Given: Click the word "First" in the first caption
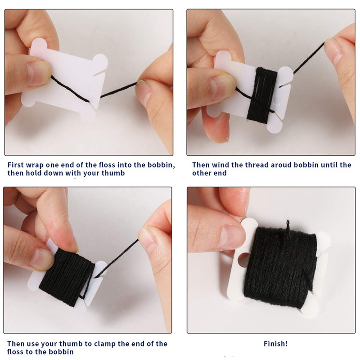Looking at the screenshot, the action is pyautogui.click(x=16, y=165).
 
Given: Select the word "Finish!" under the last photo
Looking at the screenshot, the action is pyautogui.click(x=275, y=344).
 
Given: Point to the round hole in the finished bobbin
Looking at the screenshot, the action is pyautogui.click(x=244, y=259).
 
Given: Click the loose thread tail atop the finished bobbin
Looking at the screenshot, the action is pyautogui.click(x=288, y=226).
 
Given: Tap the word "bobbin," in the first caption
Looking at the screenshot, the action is pyautogui.click(x=162, y=165).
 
